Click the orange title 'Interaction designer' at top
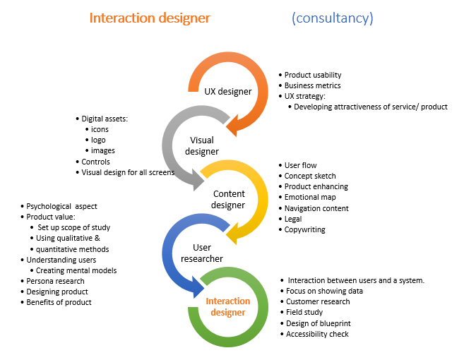click(x=150, y=18)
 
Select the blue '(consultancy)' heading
click(x=332, y=18)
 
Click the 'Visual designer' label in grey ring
click(x=201, y=145)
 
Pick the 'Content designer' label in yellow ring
click(x=229, y=200)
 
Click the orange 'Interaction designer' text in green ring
click(x=226, y=306)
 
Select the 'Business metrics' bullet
click(x=314, y=85)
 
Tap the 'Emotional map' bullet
click(x=310, y=198)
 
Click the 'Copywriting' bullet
click(x=304, y=229)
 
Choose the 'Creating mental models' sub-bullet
click(x=76, y=270)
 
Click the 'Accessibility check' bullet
click(x=317, y=334)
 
